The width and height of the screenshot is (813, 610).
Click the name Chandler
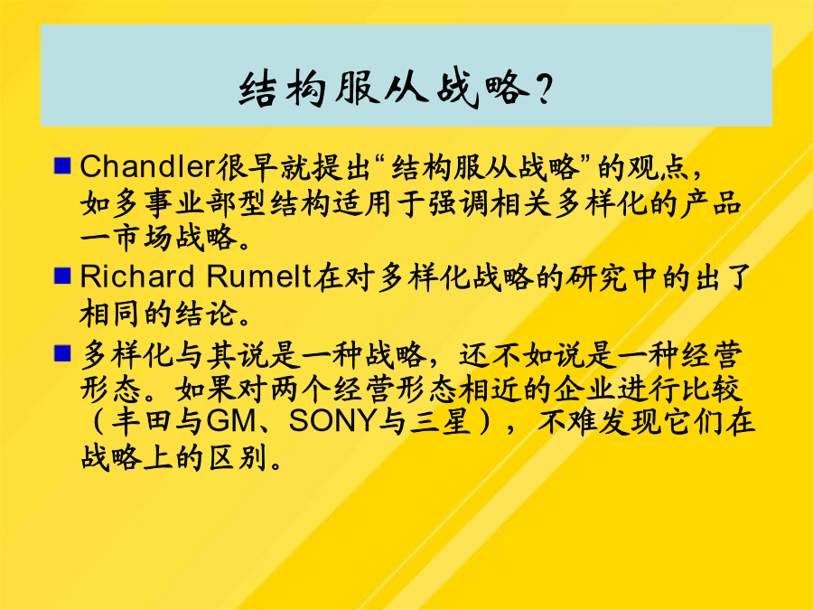pyautogui.click(x=147, y=166)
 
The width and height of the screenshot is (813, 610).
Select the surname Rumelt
pyautogui.click(x=259, y=276)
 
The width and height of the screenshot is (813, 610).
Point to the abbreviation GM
pyautogui.click(x=232, y=421)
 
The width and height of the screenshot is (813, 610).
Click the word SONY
pyautogui.click(x=331, y=421)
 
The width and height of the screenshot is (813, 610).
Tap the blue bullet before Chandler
pyautogui.click(x=62, y=166)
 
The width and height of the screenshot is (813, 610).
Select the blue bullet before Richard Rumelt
pyautogui.click(x=62, y=276)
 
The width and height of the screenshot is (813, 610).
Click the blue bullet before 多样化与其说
pyautogui.click(x=62, y=353)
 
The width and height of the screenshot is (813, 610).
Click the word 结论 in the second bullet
pyautogui.click(x=205, y=313)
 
